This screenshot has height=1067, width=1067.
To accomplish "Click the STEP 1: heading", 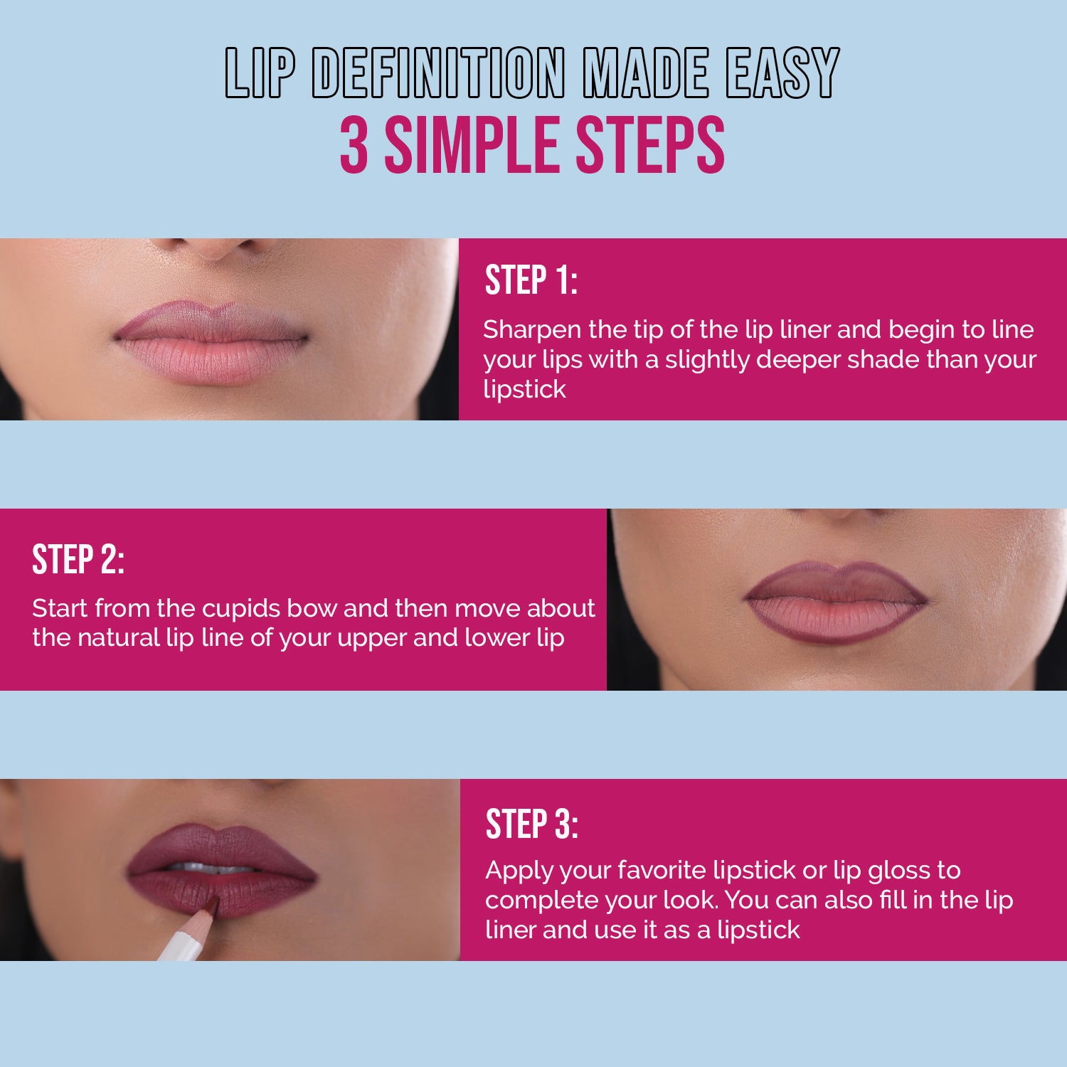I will pyautogui.click(x=531, y=280).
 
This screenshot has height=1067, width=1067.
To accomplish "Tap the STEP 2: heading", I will pyautogui.click(x=78, y=560).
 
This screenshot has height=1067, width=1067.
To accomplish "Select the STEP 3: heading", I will pyautogui.click(x=531, y=825).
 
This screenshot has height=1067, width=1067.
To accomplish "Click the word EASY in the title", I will pyautogui.click(x=782, y=74).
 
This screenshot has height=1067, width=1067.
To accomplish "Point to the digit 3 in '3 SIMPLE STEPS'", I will pyautogui.click(x=354, y=146).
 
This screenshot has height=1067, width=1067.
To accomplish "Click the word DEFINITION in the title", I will pyautogui.click(x=438, y=74).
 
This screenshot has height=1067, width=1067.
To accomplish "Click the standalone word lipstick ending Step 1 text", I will pyautogui.click(x=524, y=390).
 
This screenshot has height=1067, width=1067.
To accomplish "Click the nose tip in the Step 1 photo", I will pyautogui.click(x=221, y=246).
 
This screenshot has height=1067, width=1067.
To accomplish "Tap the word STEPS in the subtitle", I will pyautogui.click(x=649, y=146).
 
